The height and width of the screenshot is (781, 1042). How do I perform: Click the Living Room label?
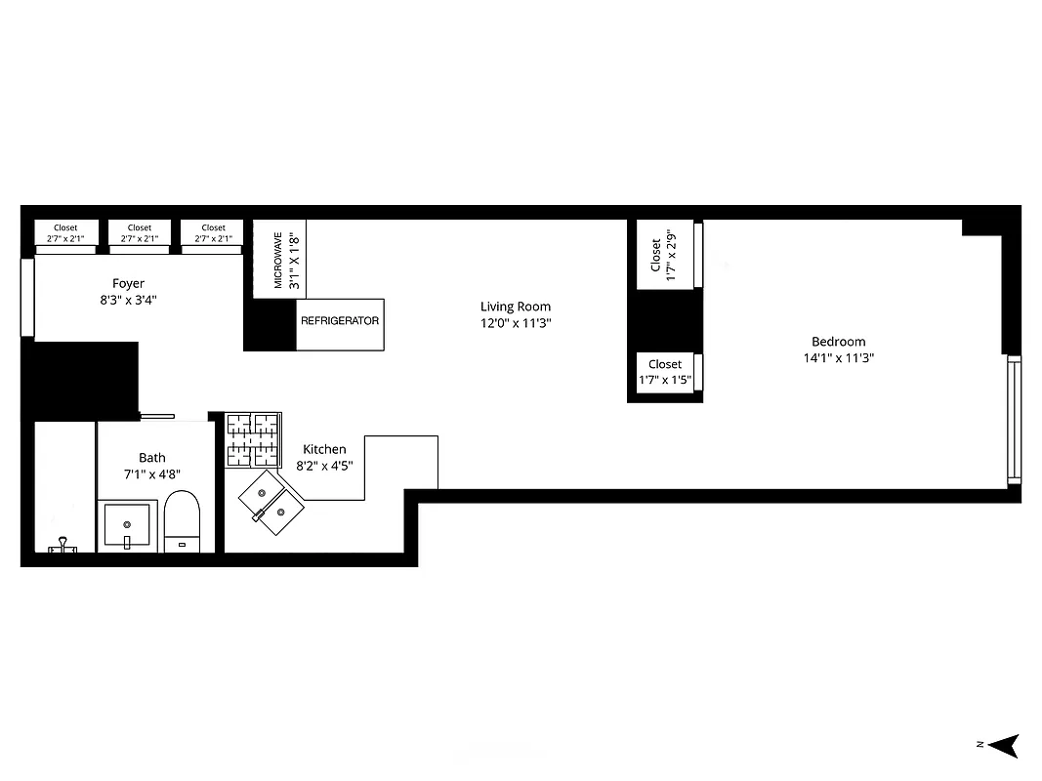pyautogui.click(x=516, y=307)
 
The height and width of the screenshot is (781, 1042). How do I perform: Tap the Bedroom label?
pyautogui.click(x=838, y=342)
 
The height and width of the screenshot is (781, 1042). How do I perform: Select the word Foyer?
pyautogui.click(x=128, y=284)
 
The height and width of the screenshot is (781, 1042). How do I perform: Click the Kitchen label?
pyautogui.click(x=324, y=449)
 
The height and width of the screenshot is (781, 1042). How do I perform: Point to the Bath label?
pyautogui.click(x=152, y=457)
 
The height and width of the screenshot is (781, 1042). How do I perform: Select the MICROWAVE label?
pyautogui.click(x=278, y=260)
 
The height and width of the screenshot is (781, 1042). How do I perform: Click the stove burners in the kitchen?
pyautogui.click(x=253, y=438)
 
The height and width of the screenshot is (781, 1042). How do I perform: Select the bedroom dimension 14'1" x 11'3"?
pyautogui.click(x=837, y=358)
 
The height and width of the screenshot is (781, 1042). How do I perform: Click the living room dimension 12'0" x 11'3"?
pyautogui.click(x=516, y=323)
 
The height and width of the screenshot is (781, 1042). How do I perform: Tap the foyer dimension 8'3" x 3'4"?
pyautogui.click(x=128, y=301)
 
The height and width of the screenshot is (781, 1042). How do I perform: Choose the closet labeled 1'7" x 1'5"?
pyautogui.click(x=665, y=372)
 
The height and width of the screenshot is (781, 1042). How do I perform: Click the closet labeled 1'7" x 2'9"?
pyautogui.click(x=664, y=256)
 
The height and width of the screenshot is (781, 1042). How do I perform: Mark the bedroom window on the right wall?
pyautogui.click(x=1014, y=420)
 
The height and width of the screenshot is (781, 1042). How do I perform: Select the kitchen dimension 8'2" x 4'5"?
pyautogui.click(x=324, y=467)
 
